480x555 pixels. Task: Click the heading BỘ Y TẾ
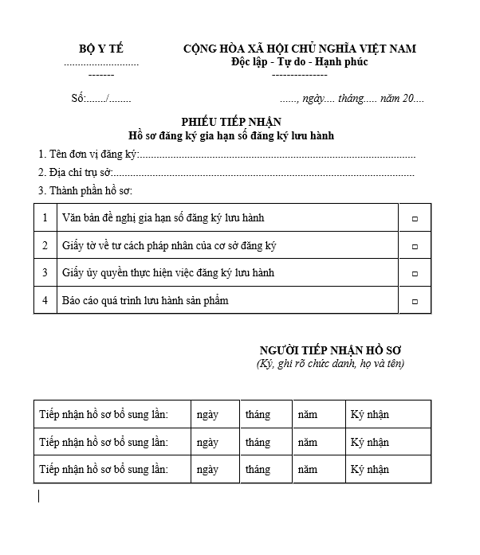101,49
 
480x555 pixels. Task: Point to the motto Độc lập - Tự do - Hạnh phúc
299,62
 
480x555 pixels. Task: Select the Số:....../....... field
101,100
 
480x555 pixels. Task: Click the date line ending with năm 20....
352,100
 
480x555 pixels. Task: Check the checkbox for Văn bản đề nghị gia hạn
415,218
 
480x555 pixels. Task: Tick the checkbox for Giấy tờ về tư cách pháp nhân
415,246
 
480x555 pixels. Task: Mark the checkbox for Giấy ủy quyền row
415,274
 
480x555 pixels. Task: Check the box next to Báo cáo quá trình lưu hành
415,301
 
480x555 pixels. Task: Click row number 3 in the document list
45,273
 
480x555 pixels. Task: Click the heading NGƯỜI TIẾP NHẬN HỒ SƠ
330,350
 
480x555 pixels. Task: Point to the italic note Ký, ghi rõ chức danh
330,364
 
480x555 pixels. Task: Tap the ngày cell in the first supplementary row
207,415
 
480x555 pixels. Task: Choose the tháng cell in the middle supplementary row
258,442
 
